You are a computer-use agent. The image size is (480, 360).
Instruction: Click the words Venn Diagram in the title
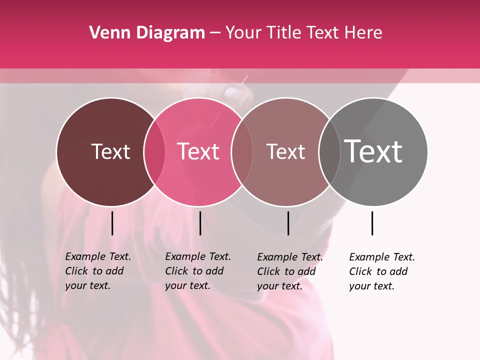(x=147, y=33)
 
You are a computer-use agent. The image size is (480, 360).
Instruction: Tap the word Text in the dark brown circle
(x=110, y=151)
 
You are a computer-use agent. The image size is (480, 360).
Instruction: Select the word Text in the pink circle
(x=198, y=151)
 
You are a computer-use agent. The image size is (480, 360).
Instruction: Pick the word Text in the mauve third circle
(x=285, y=151)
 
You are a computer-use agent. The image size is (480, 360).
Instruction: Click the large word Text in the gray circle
(x=373, y=151)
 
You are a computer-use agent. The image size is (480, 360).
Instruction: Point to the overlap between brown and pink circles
(x=154, y=151)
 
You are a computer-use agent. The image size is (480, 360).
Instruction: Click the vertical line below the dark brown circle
(x=112, y=223)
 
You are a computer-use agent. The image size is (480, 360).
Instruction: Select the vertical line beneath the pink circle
(x=200, y=223)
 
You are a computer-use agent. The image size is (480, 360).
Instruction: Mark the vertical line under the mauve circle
(x=288, y=223)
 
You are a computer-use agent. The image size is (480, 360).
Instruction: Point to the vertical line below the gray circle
(x=372, y=223)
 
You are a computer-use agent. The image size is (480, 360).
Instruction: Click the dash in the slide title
(x=215, y=33)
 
